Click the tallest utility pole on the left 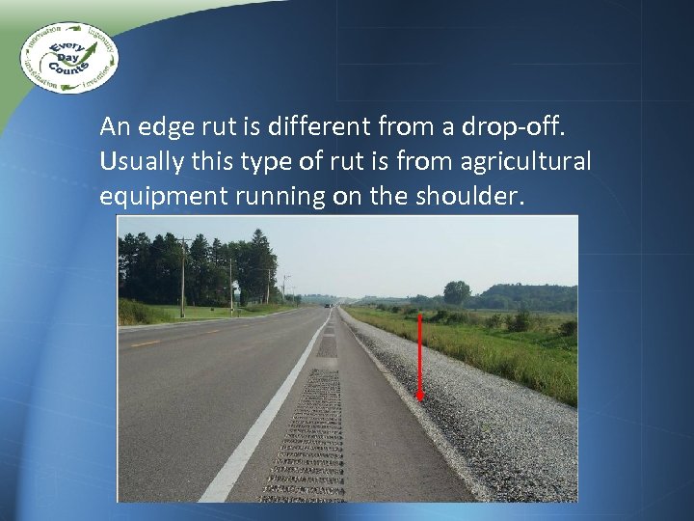pos(182,276)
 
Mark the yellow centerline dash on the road pos(146,343)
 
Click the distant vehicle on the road pos(331,307)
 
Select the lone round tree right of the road pos(457,292)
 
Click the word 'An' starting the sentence pos(114,126)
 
